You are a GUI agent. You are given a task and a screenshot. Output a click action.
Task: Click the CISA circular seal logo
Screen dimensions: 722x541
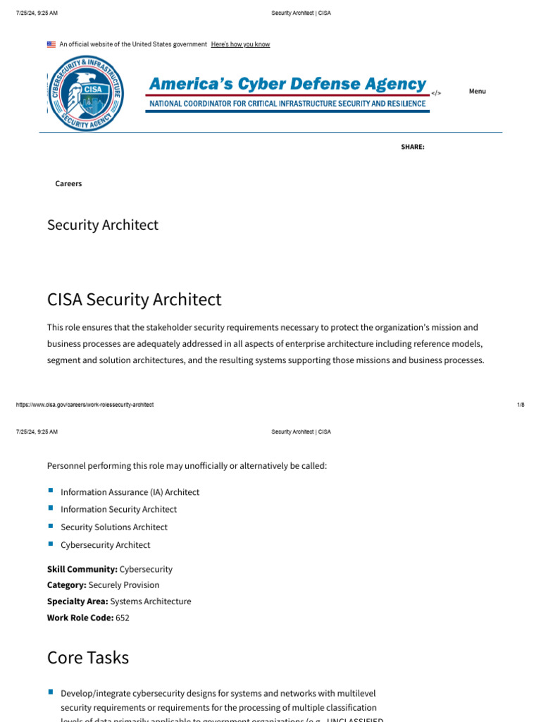(87, 93)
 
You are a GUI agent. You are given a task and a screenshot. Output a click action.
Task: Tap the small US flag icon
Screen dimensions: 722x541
(51, 44)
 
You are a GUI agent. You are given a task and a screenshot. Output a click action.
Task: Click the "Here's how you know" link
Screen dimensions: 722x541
(240, 44)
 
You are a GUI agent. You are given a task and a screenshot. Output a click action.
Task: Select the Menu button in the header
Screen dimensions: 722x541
(477, 91)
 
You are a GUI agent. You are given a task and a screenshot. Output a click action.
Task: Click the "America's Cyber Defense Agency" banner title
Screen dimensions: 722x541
(287, 84)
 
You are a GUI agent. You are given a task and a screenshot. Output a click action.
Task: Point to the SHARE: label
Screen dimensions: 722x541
(413, 147)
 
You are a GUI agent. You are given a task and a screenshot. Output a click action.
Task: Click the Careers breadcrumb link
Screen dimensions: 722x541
(68, 183)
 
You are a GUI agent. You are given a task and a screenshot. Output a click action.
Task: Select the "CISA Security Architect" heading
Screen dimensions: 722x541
(134, 300)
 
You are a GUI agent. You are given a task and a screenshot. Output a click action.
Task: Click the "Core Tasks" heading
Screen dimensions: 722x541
(88, 657)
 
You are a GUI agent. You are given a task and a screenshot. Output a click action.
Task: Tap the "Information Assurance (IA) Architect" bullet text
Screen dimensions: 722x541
(130, 492)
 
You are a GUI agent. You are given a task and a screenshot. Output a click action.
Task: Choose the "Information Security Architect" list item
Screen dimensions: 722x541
(118, 509)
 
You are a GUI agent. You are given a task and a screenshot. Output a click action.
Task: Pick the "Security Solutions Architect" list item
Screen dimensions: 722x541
(114, 527)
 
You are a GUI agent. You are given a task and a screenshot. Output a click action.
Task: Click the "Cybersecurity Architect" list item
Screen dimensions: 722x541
(105, 545)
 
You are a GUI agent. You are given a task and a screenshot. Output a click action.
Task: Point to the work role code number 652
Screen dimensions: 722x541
(123, 618)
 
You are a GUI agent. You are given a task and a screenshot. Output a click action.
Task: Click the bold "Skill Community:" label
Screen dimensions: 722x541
(82, 569)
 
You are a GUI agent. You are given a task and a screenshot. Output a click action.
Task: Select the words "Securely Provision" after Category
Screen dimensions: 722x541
(124, 585)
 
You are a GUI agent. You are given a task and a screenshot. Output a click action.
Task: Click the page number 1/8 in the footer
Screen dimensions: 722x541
(521, 405)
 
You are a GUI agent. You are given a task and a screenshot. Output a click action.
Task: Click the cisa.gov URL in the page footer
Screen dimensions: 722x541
(85, 405)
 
